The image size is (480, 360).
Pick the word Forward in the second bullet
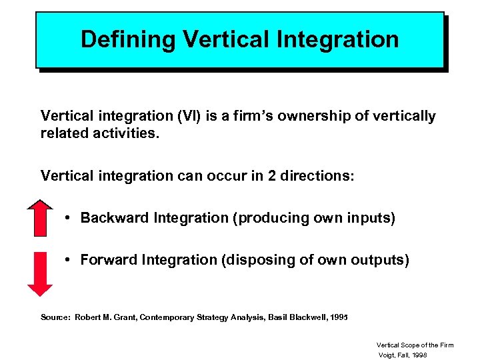[109, 260]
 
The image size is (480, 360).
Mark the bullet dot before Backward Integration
[69, 218]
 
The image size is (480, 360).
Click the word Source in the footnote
[54, 317]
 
